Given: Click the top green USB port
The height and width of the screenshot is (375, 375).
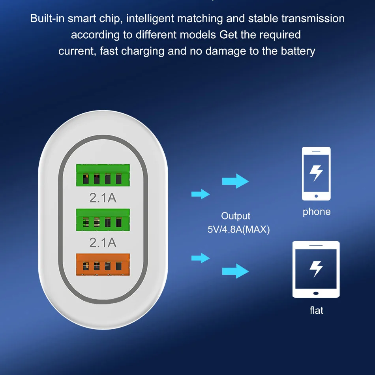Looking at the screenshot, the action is tap(103, 175).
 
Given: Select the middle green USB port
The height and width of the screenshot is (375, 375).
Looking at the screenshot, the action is tap(103, 220).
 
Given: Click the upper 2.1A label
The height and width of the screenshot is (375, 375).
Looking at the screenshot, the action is tap(103, 197).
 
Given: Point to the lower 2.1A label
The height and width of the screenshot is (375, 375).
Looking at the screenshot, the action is tap(103, 242).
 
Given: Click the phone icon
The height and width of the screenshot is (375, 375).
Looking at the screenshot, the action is tap(316, 174).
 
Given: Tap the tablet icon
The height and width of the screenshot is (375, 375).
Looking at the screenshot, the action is tap(316, 269).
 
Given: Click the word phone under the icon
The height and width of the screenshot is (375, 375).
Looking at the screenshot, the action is tap(317, 212).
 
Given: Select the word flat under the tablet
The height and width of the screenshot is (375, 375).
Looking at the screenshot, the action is tap(316, 310).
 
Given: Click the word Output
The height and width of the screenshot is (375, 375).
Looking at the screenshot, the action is tap(236, 216).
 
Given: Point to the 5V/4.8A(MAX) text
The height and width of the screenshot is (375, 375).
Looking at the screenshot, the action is tap(239, 229).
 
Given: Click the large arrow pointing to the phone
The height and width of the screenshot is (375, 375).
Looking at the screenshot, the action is tap(236, 181).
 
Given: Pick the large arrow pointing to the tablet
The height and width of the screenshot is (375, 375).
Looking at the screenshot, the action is tap(236, 272).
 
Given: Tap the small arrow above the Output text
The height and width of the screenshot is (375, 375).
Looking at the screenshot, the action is tap(200, 194).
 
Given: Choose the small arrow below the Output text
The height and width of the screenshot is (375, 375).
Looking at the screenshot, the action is tap(200, 258).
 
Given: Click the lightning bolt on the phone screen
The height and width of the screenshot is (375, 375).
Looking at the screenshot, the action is tap(316, 172).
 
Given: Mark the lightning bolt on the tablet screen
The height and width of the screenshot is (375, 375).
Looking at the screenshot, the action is tap(316, 268).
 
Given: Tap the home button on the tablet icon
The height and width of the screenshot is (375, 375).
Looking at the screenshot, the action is tap(316, 293).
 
